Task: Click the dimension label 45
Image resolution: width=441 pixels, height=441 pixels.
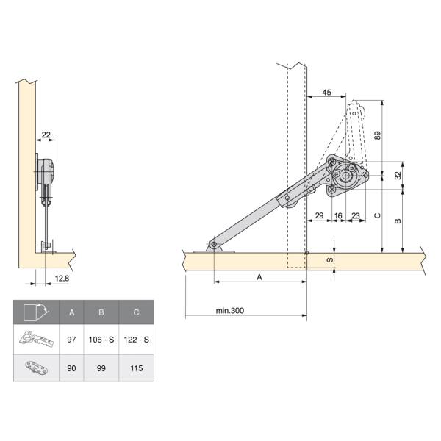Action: [x=326, y=93]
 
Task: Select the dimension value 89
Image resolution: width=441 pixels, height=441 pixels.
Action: [x=378, y=135]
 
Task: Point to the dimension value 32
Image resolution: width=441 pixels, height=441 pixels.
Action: [x=398, y=176]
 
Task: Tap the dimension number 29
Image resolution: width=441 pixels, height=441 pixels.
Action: [x=319, y=215]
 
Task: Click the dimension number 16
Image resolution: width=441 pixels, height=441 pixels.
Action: [x=338, y=215]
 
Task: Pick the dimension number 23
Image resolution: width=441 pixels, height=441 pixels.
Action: [x=356, y=215]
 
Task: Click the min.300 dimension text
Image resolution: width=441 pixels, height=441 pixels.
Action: [x=230, y=311]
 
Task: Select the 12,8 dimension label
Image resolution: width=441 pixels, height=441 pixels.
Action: [x=62, y=279]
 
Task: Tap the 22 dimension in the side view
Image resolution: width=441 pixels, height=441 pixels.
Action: [x=46, y=135]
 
